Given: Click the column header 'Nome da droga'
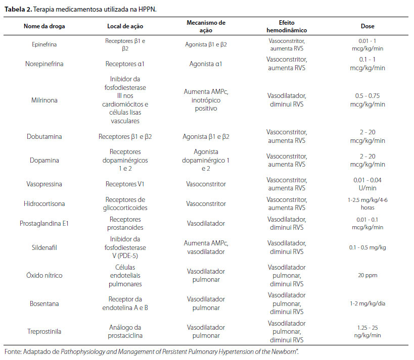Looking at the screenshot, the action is click(44, 26).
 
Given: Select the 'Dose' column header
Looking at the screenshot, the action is click(367, 26).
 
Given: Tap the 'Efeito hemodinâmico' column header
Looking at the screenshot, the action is click(287, 26).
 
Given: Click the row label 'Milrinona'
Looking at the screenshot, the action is click(44, 100).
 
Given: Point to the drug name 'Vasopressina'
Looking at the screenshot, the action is click(44, 184).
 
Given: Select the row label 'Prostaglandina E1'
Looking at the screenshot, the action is click(44, 223).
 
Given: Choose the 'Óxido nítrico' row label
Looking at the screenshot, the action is click(44, 275).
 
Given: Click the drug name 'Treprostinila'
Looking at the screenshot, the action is click(44, 331).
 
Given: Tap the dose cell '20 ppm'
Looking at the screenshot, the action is click(367, 275).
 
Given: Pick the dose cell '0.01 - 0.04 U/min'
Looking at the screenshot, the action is click(367, 184).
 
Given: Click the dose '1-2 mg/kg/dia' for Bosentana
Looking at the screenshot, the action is click(367, 303).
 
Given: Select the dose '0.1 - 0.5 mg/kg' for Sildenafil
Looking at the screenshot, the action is click(367, 247).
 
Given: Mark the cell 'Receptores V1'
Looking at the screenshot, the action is click(125, 184).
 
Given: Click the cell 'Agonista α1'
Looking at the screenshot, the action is click(206, 64).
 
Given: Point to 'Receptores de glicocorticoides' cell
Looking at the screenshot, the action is click(125, 203).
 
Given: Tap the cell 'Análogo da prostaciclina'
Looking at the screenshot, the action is click(125, 331).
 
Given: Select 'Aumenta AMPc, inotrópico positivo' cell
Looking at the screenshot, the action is click(206, 100).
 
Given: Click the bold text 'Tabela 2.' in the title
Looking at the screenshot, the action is click(18, 10).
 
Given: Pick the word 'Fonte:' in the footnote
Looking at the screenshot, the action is click(13, 352).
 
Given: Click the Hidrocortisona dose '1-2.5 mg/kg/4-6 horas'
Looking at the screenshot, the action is click(367, 203).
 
